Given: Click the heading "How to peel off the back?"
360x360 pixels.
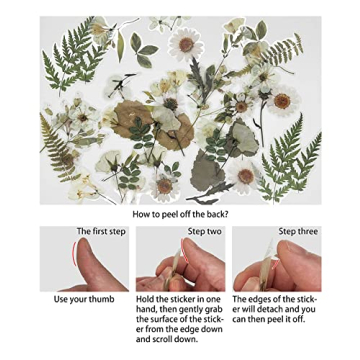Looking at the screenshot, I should click(x=180, y=213).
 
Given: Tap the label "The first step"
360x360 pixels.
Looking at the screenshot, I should click(x=101, y=231).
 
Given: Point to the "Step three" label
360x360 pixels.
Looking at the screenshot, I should click(x=298, y=231).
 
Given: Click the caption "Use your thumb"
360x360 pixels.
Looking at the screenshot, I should click(x=84, y=299).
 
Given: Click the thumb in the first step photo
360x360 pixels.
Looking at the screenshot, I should click(x=96, y=270).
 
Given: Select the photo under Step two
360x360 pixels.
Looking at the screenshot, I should click(x=180, y=265).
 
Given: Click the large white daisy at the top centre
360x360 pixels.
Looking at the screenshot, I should click(x=185, y=44).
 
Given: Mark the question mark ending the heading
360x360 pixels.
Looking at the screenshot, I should click(x=226, y=213).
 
